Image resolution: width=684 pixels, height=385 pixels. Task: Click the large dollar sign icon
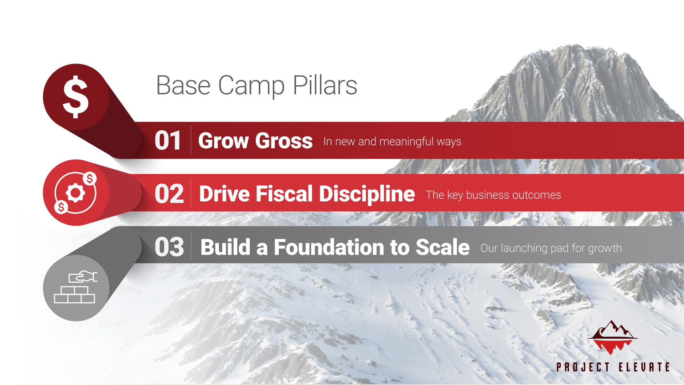pos(76,97)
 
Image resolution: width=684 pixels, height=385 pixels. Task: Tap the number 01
pos(168,140)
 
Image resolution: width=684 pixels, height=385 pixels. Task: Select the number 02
pos(169,194)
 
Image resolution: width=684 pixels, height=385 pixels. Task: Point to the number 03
pos(169,247)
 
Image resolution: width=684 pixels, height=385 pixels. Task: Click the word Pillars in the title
pos(325,86)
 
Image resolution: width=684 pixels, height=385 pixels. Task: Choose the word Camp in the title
pos(251,86)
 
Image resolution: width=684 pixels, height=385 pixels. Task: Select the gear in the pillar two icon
pos(76,193)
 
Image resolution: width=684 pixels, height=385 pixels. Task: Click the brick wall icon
pos(74,295)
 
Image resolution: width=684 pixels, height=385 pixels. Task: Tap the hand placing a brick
pos(83,277)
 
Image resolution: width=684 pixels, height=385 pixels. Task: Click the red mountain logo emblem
pos(612,337)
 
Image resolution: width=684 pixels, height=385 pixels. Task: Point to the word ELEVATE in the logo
pos(644,367)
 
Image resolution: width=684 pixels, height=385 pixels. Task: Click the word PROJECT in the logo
pos(583,367)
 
